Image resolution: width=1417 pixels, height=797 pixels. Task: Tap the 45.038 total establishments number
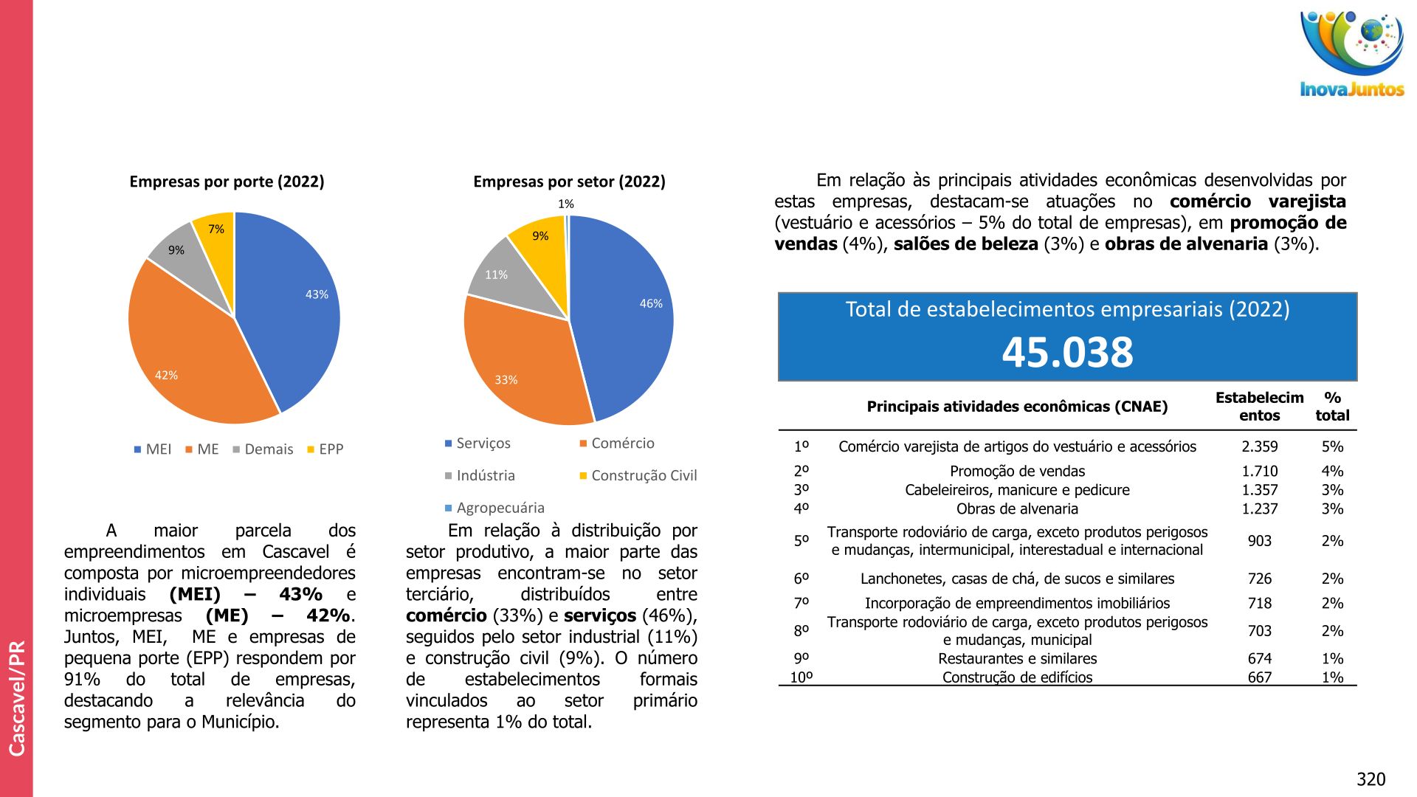[x=1067, y=352]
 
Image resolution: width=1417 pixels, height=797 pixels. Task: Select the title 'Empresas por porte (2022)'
[x=227, y=182]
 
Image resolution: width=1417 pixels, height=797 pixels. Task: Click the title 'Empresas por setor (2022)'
[x=569, y=182]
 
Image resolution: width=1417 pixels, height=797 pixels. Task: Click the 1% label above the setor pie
[x=565, y=204]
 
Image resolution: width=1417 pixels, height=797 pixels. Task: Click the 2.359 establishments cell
[x=1259, y=446]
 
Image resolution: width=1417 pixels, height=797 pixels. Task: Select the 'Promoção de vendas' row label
[x=1017, y=471]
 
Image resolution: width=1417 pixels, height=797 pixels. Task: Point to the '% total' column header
[x=1332, y=407]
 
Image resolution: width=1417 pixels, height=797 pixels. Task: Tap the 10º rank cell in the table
[x=801, y=677]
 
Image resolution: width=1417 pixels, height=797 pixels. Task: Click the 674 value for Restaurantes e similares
[x=1259, y=658]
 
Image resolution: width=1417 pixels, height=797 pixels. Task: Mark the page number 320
[x=1371, y=779]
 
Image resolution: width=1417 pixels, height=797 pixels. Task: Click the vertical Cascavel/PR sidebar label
[x=17, y=697]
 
